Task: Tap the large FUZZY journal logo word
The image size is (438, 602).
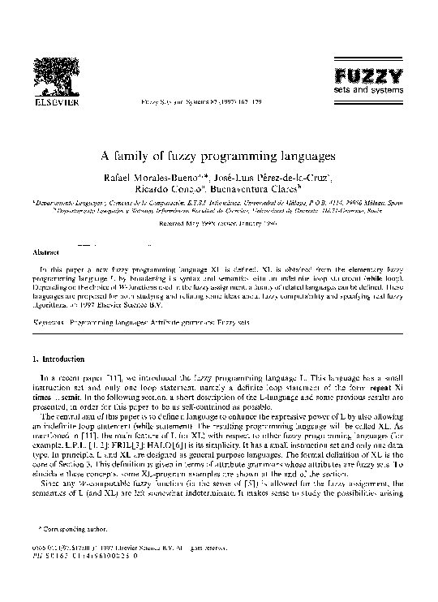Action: [367, 77]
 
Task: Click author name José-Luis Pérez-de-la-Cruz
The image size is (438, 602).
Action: [273, 177]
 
